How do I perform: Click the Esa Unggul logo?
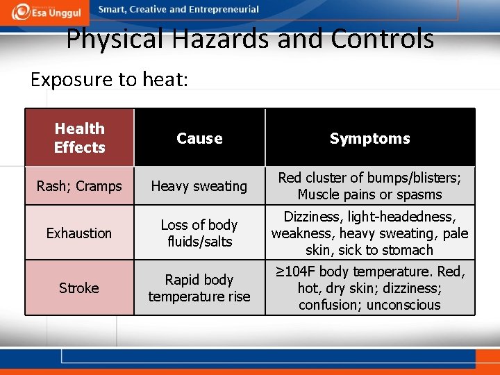pos(48,11)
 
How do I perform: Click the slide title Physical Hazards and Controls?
pos(250,39)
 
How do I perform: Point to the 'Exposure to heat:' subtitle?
pos(109,79)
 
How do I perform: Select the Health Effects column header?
pos(79,137)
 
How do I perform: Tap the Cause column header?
pos(199,138)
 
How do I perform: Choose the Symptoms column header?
pos(369,138)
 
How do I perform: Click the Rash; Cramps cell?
pos(79,186)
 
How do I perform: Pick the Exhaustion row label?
pos(79,233)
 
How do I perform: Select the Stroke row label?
pos(79,287)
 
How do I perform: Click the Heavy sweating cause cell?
pos(199,186)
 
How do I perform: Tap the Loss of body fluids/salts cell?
pos(199,233)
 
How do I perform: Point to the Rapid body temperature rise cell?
pos(199,287)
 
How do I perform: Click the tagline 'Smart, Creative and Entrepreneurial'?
pos(178,10)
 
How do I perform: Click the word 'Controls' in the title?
pos(382,39)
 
